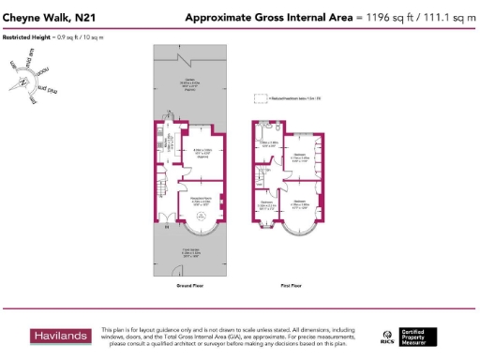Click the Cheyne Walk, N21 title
pos(49,17)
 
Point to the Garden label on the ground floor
pos(188,80)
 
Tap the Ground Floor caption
pos(187,284)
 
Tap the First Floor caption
pos(291,284)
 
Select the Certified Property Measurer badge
pos(419,336)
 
